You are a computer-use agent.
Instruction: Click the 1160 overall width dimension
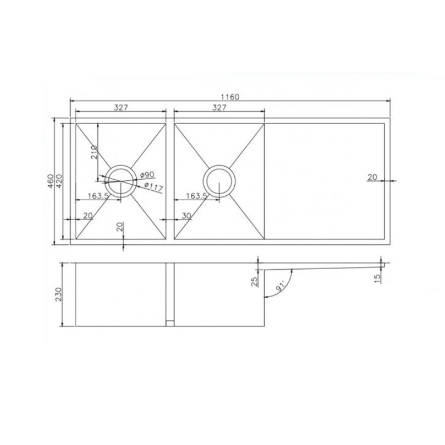click(230, 97)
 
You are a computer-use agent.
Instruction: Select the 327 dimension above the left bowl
click(121, 107)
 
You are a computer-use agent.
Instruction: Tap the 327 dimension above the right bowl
click(219, 107)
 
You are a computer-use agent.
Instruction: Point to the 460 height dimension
click(51, 181)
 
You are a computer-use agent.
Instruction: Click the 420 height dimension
click(60, 181)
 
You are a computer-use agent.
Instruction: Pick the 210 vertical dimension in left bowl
click(94, 152)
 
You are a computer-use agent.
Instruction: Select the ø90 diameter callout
click(147, 175)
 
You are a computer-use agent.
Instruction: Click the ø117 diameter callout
click(154, 187)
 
